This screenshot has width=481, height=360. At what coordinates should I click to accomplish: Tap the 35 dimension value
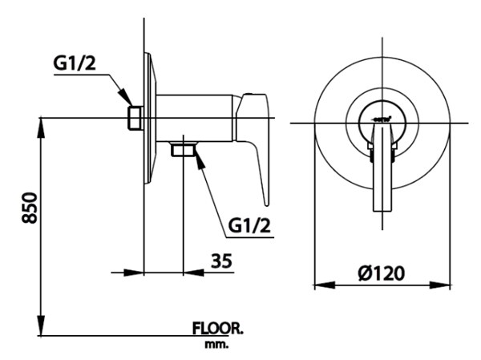222,260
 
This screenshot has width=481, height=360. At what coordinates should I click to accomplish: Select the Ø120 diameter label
381,273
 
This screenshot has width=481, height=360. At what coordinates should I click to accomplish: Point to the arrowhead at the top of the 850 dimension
40,125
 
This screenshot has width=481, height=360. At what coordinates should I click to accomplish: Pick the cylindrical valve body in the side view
192,117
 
